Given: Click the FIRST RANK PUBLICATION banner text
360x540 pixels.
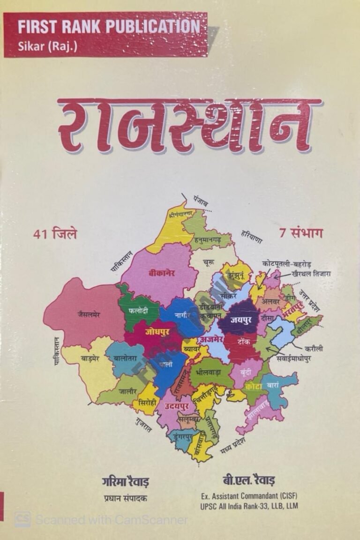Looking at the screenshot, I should (x=109, y=27).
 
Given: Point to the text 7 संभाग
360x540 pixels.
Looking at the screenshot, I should (x=301, y=233).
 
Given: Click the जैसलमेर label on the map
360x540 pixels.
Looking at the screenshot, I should (x=89, y=315).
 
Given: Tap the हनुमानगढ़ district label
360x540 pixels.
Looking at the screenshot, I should (x=210, y=240).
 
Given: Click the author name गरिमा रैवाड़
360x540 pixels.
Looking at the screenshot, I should (x=124, y=481).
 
